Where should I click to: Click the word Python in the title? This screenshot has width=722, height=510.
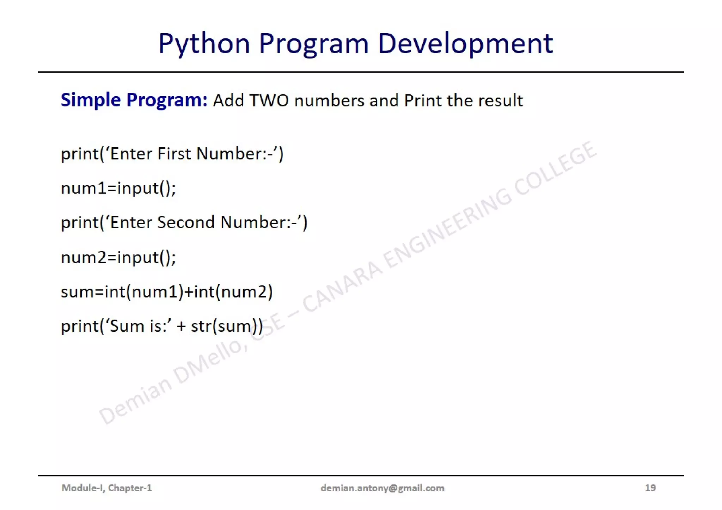(204, 44)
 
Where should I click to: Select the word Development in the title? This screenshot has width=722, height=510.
(465, 44)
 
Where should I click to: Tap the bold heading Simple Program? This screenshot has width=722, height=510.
(134, 100)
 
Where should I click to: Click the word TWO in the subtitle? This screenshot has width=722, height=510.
(269, 100)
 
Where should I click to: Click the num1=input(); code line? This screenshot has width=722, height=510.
(118, 188)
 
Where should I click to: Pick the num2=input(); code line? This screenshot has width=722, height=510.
(118, 257)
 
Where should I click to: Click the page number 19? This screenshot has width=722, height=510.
(650, 488)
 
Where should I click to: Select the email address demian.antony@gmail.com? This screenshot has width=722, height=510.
(383, 488)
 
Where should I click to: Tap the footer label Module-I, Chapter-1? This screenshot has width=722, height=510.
(107, 488)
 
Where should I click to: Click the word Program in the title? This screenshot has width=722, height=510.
(314, 44)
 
